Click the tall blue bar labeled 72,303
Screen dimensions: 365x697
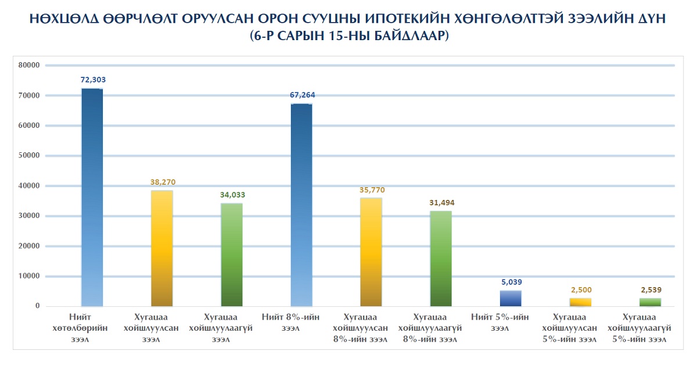tap(92, 198)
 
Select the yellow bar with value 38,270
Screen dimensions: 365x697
tap(161, 248)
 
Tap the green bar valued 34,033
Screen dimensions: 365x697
tap(231, 255)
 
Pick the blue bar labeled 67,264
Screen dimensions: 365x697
tap(301, 205)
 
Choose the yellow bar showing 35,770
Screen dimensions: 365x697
tap(371, 252)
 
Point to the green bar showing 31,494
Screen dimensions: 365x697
tap(440, 258)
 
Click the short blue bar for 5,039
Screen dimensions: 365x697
tap(510, 298)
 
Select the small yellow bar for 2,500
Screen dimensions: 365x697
tap(580, 302)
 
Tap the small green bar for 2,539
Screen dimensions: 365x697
tap(649, 302)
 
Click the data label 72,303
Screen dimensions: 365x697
tap(93, 80)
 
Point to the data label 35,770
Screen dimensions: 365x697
tap(372, 189)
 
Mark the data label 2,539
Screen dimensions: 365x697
tap(651, 289)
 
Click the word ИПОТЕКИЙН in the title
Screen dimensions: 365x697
tap(401, 19)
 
